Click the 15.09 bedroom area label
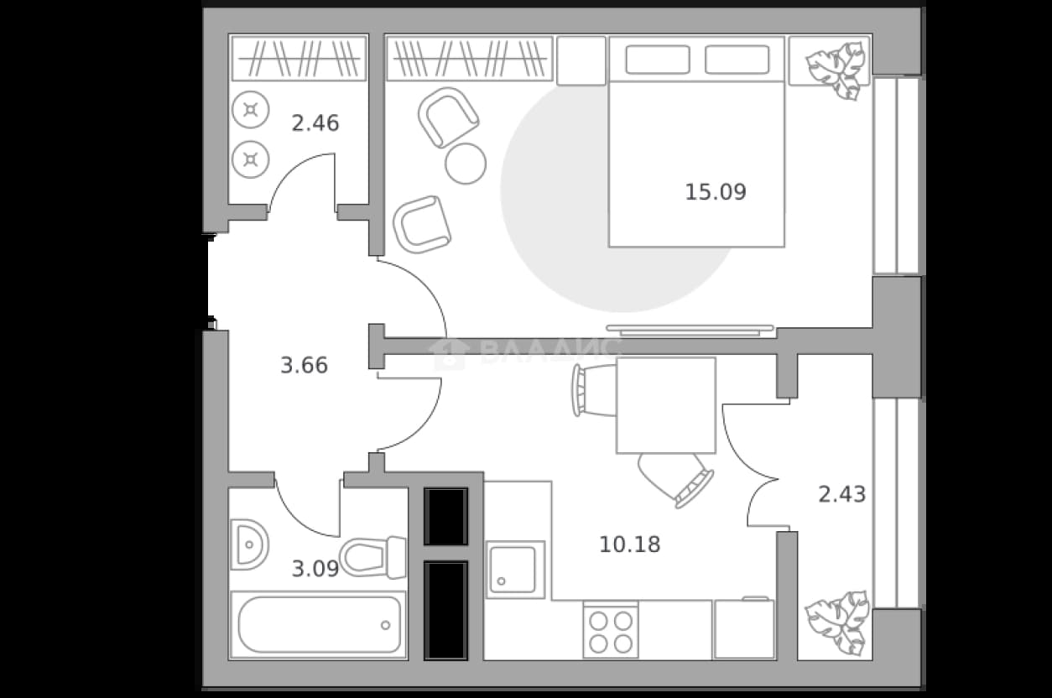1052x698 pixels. [x=716, y=192]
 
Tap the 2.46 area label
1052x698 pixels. [x=315, y=123]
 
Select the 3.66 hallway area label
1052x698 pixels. [x=304, y=366]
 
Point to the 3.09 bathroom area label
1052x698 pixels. [x=315, y=569]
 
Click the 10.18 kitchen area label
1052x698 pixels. [x=630, y=544]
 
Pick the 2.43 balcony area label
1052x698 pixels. [x=842, y=495]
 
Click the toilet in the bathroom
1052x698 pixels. [x=372, y=557]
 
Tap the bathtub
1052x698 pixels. [x=319, y=625]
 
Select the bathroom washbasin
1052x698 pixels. [x=249, y=544]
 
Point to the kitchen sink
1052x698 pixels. [x=515, y=570]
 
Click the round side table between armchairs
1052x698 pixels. [x=466, y=164]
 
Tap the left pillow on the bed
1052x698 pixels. [x=658, y=60]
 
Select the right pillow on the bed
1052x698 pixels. [x=737, y=60]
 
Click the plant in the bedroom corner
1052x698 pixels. [x=837, y=70]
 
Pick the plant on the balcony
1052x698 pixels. [x=836, y=622]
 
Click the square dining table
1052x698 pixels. [x=666, y=405]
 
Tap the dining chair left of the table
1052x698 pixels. [x=594, y=391]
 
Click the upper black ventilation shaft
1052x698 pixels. [x=445, y=516]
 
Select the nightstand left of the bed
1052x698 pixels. [x=581, y=61]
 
